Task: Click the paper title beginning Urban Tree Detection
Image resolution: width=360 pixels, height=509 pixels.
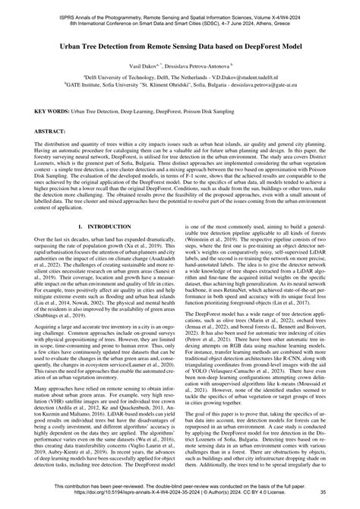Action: (180, 46)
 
